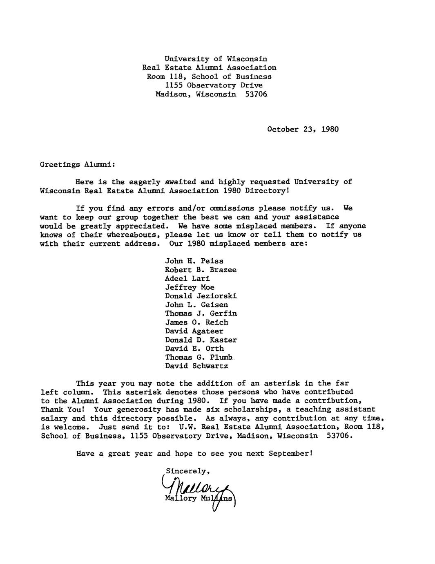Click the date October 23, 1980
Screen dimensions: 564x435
[x=303, y=129]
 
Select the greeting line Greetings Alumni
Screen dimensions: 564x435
[x=78, y=164]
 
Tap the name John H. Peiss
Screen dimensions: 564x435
[x=194, y=261]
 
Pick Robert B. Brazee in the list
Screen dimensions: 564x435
[x=201, y=270]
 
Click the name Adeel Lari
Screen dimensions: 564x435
[x=187, y=278]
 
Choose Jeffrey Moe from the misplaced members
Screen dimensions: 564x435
[x=190, y=287]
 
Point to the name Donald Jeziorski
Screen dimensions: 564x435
[x=201, y=296]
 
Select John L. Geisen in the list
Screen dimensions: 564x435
[x=196, y=304]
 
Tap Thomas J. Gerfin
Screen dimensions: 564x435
[x=201, y=313]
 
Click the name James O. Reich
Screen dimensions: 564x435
[x=196, y=322]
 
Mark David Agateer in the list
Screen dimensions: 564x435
[x=194, y=331]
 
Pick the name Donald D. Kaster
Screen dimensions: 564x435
[x=201, y=340]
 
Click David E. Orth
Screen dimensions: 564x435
[x=194, y=349]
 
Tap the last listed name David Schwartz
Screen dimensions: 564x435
[x=196, y=366]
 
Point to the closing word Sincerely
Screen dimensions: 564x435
[x=187, y=471]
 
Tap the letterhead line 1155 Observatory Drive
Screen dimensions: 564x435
[x=214, y=85]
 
